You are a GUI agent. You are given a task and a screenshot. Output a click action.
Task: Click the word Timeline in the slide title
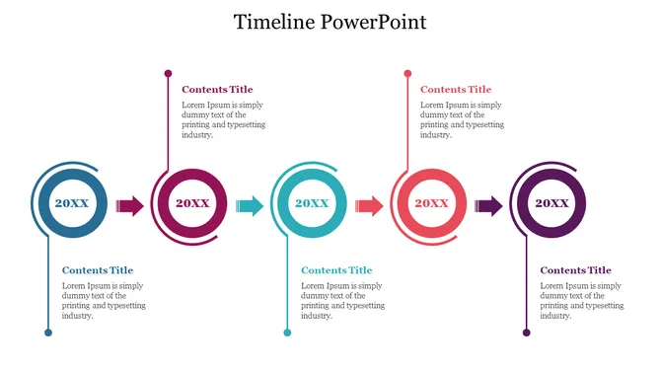tap(274, 22)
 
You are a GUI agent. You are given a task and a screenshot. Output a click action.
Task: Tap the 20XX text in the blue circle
tap(72, 203)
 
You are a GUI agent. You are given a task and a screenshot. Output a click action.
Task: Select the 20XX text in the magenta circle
tap(192, 203)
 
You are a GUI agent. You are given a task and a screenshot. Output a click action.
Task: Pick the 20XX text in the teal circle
tap(312, 203)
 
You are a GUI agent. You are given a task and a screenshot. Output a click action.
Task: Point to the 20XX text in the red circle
tap(431, 203)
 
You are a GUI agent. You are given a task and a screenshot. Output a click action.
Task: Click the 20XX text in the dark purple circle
tap(551, 203)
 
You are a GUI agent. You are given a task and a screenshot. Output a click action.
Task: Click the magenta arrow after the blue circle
tap(130, 205)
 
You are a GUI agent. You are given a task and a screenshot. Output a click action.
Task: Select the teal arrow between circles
tap(250, 205)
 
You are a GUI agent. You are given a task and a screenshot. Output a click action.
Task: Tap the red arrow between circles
tap(369, 205)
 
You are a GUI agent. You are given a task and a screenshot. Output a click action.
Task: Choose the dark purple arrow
tap(488, 205)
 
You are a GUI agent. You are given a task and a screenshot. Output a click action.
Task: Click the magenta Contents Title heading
tap(217, 90)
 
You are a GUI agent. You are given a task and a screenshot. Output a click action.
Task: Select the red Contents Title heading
tap(456, 90)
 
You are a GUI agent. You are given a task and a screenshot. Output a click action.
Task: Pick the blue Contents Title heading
tap(98, 270)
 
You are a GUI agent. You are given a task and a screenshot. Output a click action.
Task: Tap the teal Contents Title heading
tap(336, 270)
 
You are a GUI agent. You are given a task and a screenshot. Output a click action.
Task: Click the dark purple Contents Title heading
tap(575, 270)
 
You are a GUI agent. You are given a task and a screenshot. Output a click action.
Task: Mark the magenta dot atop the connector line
tap(168, 73)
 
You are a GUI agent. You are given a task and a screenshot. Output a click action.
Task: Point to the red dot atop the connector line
tap(407, 73)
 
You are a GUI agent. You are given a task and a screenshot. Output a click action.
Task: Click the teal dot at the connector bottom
tap(287, 333)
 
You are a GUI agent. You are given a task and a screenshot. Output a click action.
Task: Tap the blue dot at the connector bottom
tap(47, 333)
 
